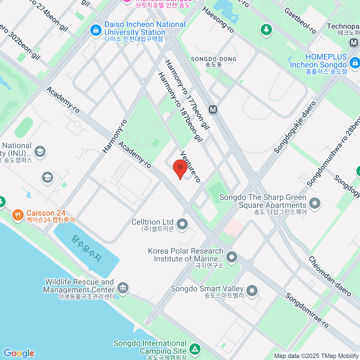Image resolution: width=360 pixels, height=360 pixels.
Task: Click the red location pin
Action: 180,168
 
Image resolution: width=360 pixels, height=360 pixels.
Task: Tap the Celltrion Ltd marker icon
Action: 182,224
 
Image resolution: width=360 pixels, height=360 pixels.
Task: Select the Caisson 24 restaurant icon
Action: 18,215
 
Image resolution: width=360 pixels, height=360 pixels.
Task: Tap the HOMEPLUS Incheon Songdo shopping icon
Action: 355,63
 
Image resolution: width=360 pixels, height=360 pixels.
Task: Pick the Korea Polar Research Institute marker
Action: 232,257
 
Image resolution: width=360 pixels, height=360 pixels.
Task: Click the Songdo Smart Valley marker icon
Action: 252,290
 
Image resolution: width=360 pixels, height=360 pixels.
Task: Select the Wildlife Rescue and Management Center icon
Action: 123,287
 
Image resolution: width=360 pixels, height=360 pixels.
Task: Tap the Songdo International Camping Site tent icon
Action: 195,349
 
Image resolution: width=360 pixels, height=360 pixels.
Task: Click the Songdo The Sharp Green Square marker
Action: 315,203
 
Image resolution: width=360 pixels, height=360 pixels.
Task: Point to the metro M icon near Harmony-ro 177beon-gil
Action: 213,109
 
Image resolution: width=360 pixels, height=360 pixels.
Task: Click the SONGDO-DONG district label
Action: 214,61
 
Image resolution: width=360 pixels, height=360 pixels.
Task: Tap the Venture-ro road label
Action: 190,166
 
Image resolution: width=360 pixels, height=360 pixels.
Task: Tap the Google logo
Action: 19,353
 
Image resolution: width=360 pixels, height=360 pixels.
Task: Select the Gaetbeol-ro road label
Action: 300,20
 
